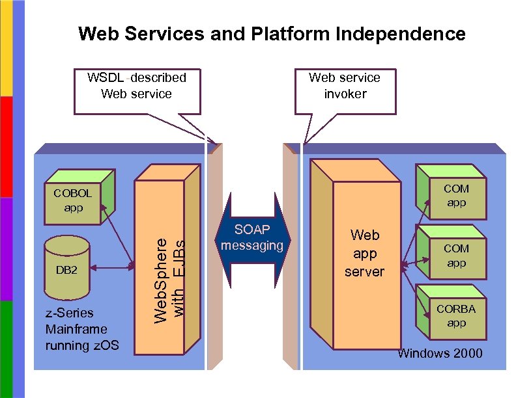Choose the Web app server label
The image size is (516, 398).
tap(364, 253)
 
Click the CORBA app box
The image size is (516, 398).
tap(455, 316)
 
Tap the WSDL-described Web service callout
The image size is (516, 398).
tap(136, 86)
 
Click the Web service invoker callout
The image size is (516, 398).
tap(345, 86)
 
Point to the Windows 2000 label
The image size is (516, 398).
tap(440, 353)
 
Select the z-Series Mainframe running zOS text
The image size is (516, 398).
tap(82, 329)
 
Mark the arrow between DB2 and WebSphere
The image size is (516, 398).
tap(112, 267)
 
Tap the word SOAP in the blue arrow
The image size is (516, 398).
tap(252, 230)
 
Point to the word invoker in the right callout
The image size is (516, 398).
tap(345, 94)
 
